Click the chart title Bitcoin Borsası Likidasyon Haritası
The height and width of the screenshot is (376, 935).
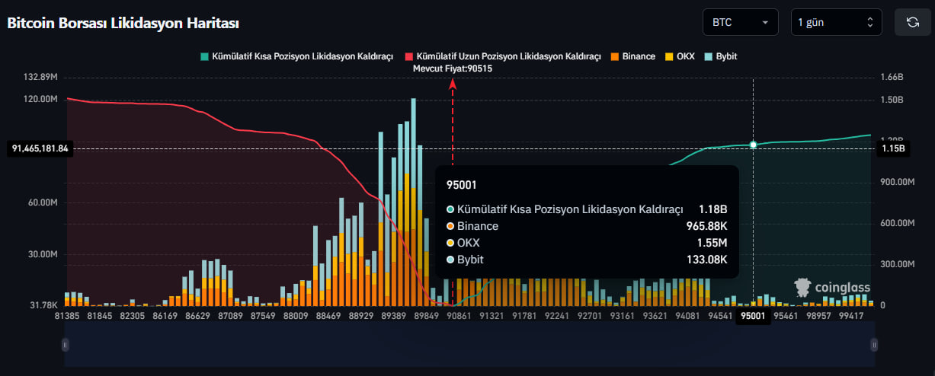point(123,23)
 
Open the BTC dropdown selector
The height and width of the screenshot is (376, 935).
point(740,22)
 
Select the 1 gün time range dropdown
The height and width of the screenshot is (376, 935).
point(836,22)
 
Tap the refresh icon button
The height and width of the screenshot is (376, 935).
point(912,22)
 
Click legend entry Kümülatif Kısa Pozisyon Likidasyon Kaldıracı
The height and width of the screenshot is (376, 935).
point(296,56)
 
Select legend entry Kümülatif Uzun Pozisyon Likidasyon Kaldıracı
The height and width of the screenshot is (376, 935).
point(503,56)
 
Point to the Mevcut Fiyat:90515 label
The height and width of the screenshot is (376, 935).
point(452,68)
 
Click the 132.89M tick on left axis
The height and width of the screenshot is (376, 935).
point(41,78)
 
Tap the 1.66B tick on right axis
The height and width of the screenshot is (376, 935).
point(892,78)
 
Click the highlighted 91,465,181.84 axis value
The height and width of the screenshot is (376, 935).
point(40,149)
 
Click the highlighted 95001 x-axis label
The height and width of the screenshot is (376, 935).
point(754,315)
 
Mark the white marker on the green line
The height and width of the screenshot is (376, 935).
point(754,145)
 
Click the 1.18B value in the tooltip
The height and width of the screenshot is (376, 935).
point(712,209)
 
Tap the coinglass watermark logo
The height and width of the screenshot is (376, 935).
point(832,288)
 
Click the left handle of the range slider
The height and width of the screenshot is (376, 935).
point(66,345)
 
